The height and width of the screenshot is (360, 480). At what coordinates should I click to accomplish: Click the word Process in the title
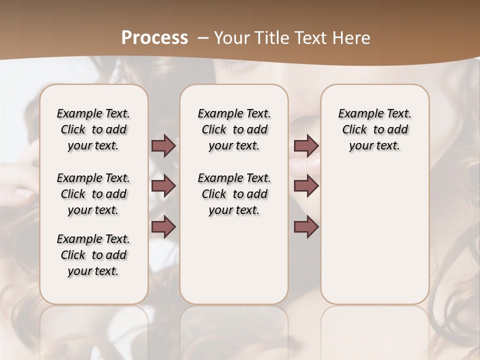tap(154, 38)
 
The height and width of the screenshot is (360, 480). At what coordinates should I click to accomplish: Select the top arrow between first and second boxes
tap(163, 145)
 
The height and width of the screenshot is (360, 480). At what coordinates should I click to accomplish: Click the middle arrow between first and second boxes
tap(163, 186)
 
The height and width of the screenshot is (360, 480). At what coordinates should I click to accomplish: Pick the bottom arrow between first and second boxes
tap(163, 226)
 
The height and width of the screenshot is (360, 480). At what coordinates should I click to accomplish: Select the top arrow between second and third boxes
tap(306, 145)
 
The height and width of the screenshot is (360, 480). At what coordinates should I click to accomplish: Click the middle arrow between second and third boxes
tap(306, 186)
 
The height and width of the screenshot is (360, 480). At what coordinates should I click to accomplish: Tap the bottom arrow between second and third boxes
tap(306, 226)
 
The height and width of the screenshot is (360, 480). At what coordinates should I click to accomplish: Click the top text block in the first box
tap(93, 129)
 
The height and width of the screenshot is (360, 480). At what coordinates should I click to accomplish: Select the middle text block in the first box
tap(93, 194)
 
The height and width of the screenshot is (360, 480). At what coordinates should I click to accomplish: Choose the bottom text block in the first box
tap(93, 255)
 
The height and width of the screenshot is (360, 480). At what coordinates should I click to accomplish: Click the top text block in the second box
tap(234, 129)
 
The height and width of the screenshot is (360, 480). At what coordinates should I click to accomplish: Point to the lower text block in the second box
tap(234, 194)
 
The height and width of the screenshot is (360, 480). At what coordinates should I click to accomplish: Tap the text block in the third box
tap(375, 129)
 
